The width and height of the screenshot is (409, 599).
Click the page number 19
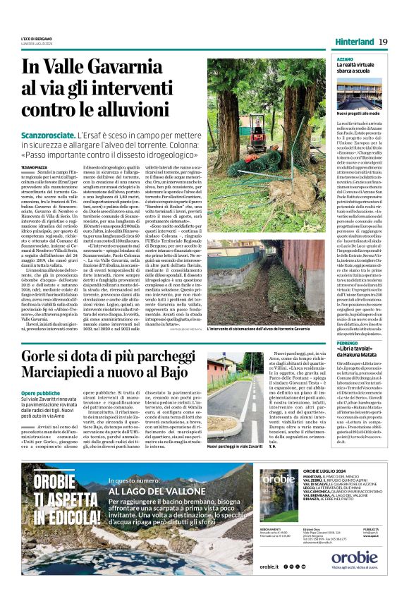[x=383, y=42]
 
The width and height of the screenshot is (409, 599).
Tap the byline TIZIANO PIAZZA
[x=35, y=167]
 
